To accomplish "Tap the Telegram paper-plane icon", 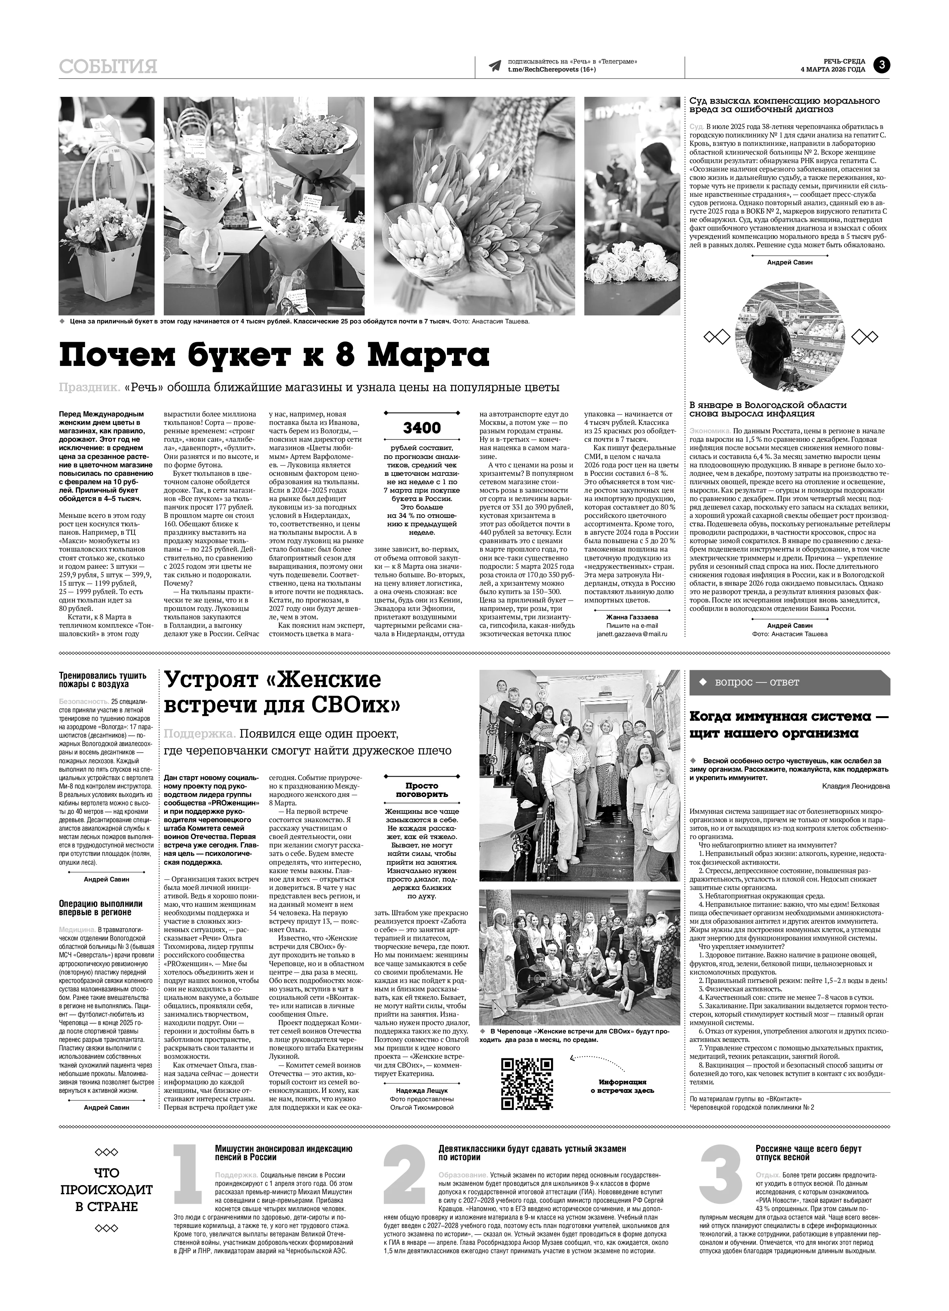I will pyautogui.click(x=494, y=66).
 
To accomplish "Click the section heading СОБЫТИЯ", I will pyautogui.click(x=108, y=67).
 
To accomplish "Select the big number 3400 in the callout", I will pyautogui.click(x=422, y=428).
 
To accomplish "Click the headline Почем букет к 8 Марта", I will pyautogui.click(x=274, y=354).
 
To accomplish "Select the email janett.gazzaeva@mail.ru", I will pyautogui.click(x=632, y=633).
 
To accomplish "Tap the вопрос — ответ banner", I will pyautogui.click(x=789, y=682).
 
